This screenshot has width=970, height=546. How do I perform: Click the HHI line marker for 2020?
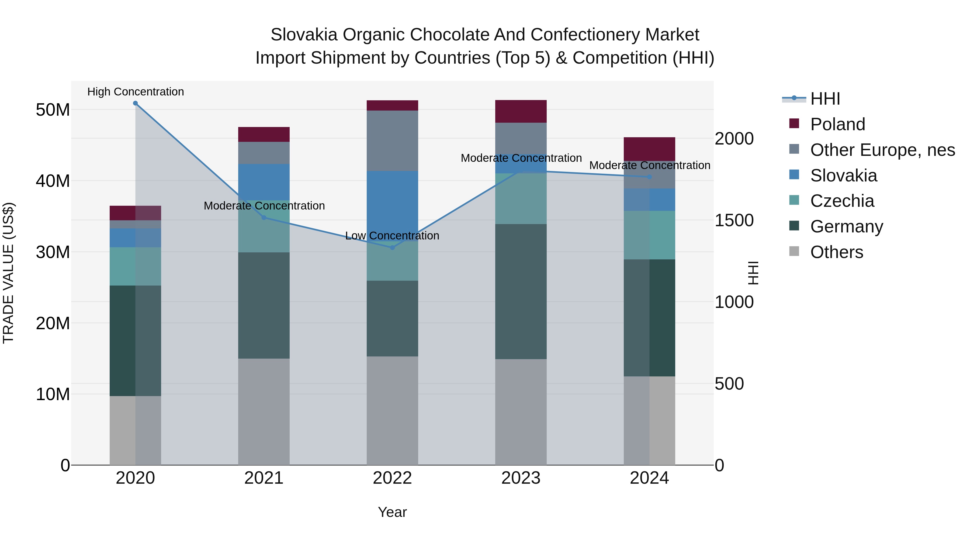135,103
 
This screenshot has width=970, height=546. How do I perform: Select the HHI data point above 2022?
392,248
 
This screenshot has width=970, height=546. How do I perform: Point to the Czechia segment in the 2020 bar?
135,266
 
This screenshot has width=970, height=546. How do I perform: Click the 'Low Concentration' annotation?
392,236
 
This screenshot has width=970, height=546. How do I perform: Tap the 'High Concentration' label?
136,92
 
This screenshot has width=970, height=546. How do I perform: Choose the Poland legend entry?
837,124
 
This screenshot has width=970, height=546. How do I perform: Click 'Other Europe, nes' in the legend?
882,150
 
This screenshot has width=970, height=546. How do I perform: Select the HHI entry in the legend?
825,99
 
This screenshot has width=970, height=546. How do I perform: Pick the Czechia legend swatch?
794,200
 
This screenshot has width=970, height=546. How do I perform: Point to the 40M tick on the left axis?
53,181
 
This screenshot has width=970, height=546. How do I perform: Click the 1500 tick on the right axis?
734,221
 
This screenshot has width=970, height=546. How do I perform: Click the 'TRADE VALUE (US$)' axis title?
8,273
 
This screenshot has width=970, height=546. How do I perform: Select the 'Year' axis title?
392,512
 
